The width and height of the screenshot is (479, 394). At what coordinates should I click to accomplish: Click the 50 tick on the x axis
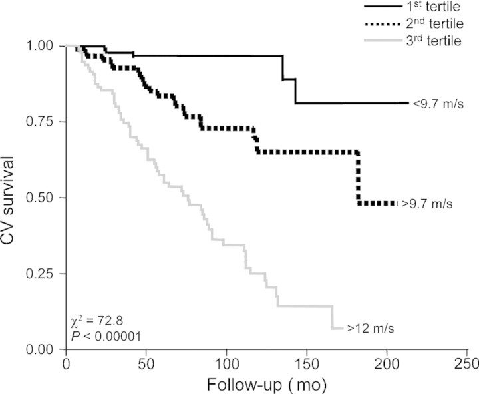[x=146, y=363]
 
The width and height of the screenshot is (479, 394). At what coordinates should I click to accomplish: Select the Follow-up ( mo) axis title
[x=265, y=384]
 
